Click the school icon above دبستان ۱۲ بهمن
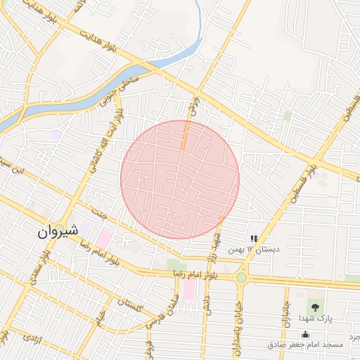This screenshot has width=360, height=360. tap(254, 239)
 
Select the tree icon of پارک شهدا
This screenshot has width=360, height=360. tap(314, 306)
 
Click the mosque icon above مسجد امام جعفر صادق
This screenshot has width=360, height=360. tap(304, 334)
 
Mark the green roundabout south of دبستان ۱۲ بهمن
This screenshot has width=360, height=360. tap(242, 277)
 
